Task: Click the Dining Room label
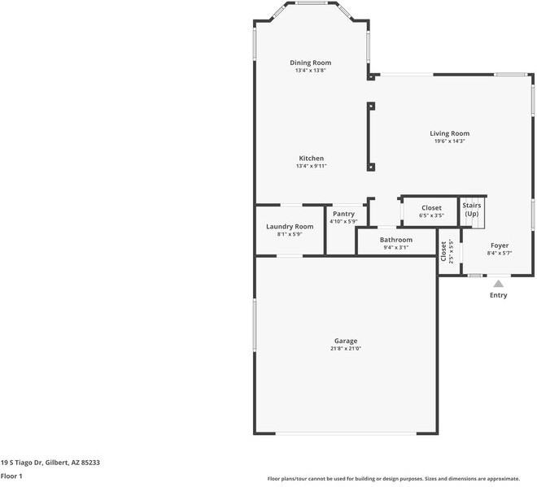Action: [x=311, y=63]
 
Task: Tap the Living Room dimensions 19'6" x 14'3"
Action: [x=450, y=141]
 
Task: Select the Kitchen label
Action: [x=311, y=159]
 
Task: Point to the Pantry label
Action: [x=344, y=214]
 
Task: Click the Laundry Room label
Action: [x=290, y=227]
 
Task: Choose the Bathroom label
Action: [x=396, y=240]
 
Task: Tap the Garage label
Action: [x=346, y=341]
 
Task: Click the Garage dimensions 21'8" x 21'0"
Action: [x=346, y=349]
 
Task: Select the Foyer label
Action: [x=499, y=246]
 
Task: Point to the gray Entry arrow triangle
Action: [x=498, y=284]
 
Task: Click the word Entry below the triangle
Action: [x=498, y=295]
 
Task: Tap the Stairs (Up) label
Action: [x=472, y=210]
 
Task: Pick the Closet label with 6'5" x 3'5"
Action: [x=431, y=208]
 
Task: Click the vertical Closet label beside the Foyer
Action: [x=444, y=252]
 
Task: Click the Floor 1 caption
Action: [x=11, y=476]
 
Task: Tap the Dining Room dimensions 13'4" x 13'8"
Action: [x=311, y=71]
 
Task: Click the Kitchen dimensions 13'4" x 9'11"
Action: [x=311, y=167]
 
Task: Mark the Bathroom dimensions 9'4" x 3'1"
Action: [x=396, y=248]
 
